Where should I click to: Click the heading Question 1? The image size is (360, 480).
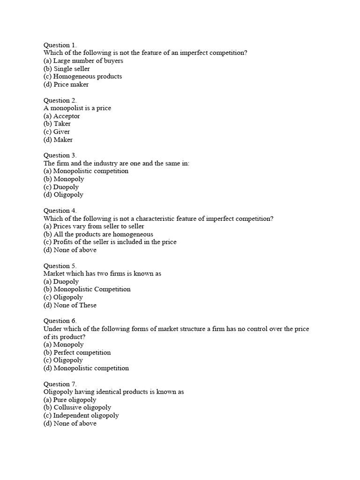60,45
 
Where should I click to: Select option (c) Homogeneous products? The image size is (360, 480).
82,76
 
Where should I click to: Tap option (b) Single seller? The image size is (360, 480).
67,68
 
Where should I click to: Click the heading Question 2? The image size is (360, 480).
60,100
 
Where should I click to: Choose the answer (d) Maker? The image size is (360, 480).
58,140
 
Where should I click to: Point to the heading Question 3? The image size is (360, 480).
60,155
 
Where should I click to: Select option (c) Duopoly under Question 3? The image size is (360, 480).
61,187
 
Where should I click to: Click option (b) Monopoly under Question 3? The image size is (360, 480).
64,179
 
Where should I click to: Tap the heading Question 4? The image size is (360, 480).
60,210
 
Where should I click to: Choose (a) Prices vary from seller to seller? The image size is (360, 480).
94,226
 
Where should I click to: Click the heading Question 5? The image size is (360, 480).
60,266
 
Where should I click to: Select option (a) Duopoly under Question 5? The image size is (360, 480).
61,282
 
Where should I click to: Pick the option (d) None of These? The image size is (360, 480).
70,305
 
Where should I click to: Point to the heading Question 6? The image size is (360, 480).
60,321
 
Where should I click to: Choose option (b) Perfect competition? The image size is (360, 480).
77,352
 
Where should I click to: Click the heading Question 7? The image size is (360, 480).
60,384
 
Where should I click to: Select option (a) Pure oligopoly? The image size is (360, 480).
70,400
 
